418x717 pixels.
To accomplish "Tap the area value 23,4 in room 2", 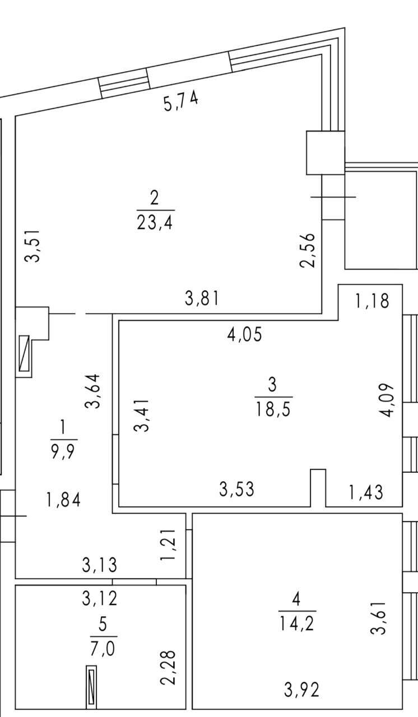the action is point(155,222).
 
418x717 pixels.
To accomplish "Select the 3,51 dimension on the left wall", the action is point(32,245).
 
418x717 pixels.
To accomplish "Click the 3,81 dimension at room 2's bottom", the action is point(202,299).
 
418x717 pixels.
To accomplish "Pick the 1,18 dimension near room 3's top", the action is point(373,301).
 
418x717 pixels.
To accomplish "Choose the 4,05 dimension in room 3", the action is point(245,334).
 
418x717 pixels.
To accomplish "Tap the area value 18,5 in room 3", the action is point(273,408).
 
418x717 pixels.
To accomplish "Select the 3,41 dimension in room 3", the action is point(142,415).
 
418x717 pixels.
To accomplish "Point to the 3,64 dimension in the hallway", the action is point(93,391).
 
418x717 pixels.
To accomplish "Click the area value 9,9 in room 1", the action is point(63,451).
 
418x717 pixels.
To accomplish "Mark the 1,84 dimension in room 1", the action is point(63,500).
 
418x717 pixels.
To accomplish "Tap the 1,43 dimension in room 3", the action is point(366,492).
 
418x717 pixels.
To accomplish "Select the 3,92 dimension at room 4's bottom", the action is point(301,690).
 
